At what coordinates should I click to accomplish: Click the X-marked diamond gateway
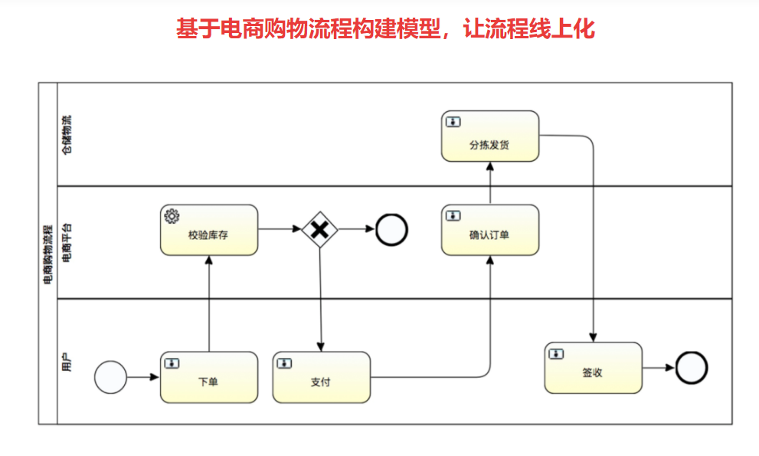coord(320,229)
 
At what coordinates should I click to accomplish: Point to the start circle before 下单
coord(110,377)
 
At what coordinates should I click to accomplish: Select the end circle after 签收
coord(692,368)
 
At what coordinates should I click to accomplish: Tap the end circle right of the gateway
coord(391,229)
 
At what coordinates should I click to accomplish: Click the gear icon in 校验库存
coord(172,216)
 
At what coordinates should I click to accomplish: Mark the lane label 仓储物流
coord(67,135)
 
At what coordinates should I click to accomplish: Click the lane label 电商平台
coord(67,241)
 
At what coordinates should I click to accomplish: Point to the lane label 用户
coord(67,361)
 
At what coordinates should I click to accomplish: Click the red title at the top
coord(385,29)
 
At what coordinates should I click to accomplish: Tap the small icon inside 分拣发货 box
coord(454,122)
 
